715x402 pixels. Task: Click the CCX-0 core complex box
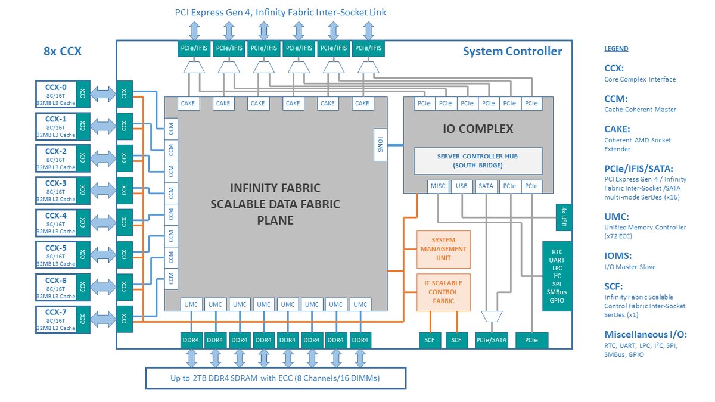[x=56, y=93]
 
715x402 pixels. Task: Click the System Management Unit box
[x=443, y=249]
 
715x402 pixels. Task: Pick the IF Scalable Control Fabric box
[x=443, y=292]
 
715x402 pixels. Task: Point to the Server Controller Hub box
[x=478, y=161]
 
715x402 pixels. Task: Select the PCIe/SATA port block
[x=492, y=340]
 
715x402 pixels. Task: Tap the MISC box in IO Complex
[x=438, y=186]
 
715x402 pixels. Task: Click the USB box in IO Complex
[x=462, y=186]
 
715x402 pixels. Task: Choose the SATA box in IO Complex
[x=486, y=186]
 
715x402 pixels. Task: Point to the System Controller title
[x=512, y=52]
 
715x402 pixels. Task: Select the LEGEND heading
[x=616, y=49]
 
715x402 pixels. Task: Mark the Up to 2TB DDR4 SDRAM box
[x=276, y=378]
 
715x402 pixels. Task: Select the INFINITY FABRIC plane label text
[x=275, y=204]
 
